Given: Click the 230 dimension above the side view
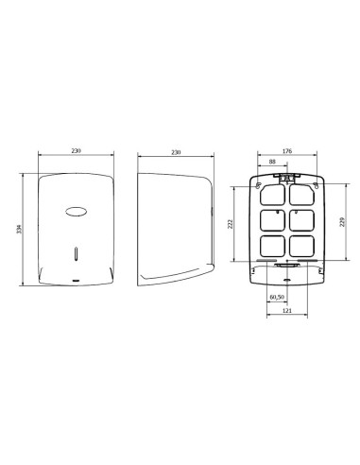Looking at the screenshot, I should coord(175,150).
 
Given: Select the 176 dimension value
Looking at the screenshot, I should coord(287,148).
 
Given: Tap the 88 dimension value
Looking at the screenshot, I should coord(273,162).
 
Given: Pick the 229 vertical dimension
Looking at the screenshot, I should coord(341,222).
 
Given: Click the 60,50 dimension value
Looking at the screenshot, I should coord(277,298).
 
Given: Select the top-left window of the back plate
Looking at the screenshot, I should coord(272,195).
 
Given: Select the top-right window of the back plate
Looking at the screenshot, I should coord(301,195).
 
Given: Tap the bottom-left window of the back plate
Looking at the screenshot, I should coord(272,248).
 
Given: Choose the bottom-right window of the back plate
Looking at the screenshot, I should coord(301,248).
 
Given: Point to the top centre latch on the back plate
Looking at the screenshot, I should coord(287,175).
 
